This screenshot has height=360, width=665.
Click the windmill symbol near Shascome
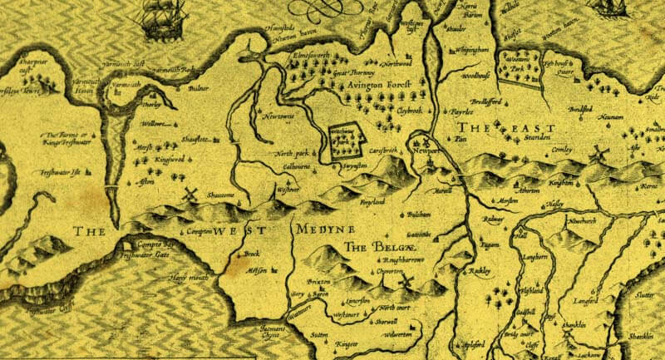pyautogui.click(x=190, y=195)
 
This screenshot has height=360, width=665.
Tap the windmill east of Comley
pyautogui.click(x=595, y=155)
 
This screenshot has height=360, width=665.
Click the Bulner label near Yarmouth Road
pyautogui.click(x=198, y=86)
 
